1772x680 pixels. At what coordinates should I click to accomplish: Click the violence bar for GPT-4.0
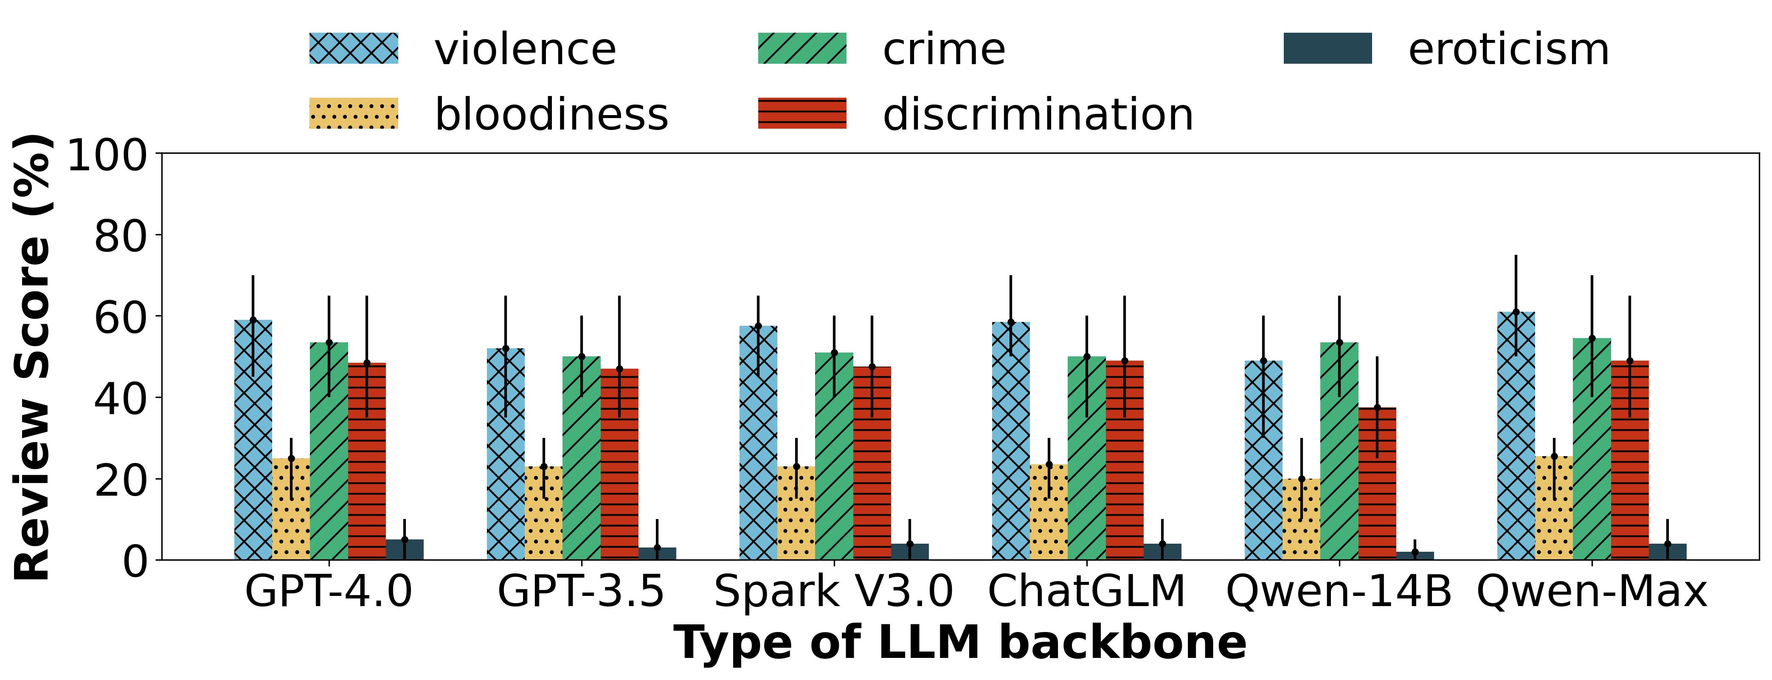[253, 440]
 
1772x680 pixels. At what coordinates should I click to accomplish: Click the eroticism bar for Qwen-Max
[1668, 552]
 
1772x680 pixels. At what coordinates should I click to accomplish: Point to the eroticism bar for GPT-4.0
[405, 550]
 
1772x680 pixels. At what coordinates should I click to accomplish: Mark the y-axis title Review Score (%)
[33, 356]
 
